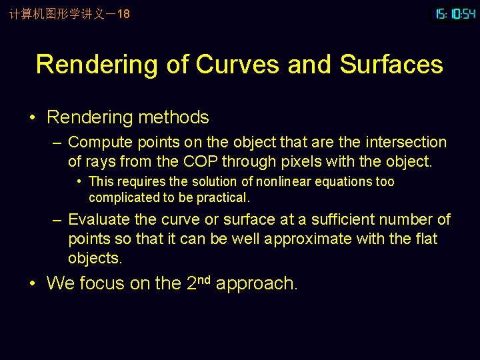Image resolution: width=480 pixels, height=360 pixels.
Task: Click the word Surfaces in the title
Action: (x=391, y=65)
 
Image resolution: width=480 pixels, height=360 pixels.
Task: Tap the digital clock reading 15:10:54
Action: (x=455, y=13)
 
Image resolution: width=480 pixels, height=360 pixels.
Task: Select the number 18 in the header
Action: (x=123, y=13)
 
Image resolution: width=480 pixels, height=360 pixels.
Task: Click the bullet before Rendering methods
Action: (x=33, y=118)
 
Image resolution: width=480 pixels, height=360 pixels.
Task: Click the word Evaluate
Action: (x=97, y=219)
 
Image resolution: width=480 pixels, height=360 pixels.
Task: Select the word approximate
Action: (x=317, y=239)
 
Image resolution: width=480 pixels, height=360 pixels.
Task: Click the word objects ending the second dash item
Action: (x=95, y=258)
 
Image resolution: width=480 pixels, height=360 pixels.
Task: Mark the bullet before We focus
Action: (x=33, y=284)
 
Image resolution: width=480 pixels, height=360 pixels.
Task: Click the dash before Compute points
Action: (x=59, y=142)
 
